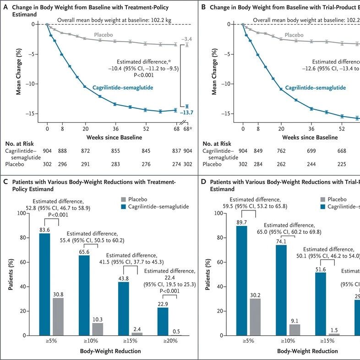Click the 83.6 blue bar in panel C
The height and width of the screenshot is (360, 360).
(x=44, y=284)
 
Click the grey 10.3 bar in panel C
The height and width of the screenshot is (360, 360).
(x=98, y=329)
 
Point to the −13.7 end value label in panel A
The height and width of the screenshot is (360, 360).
(x=185, y=113)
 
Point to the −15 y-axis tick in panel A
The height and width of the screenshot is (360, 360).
(x=35, y=113)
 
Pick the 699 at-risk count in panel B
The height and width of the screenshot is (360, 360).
(x=311, y=151)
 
